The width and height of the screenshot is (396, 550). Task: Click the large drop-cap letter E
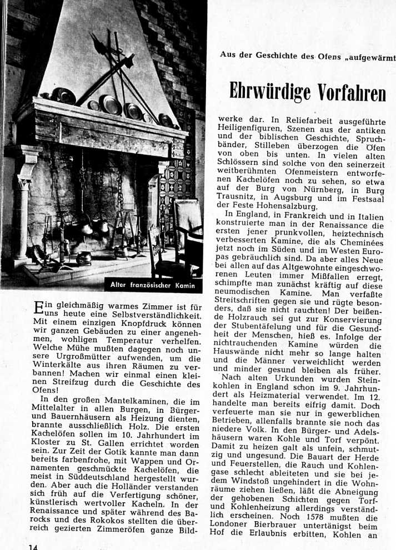tap(39, 308)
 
